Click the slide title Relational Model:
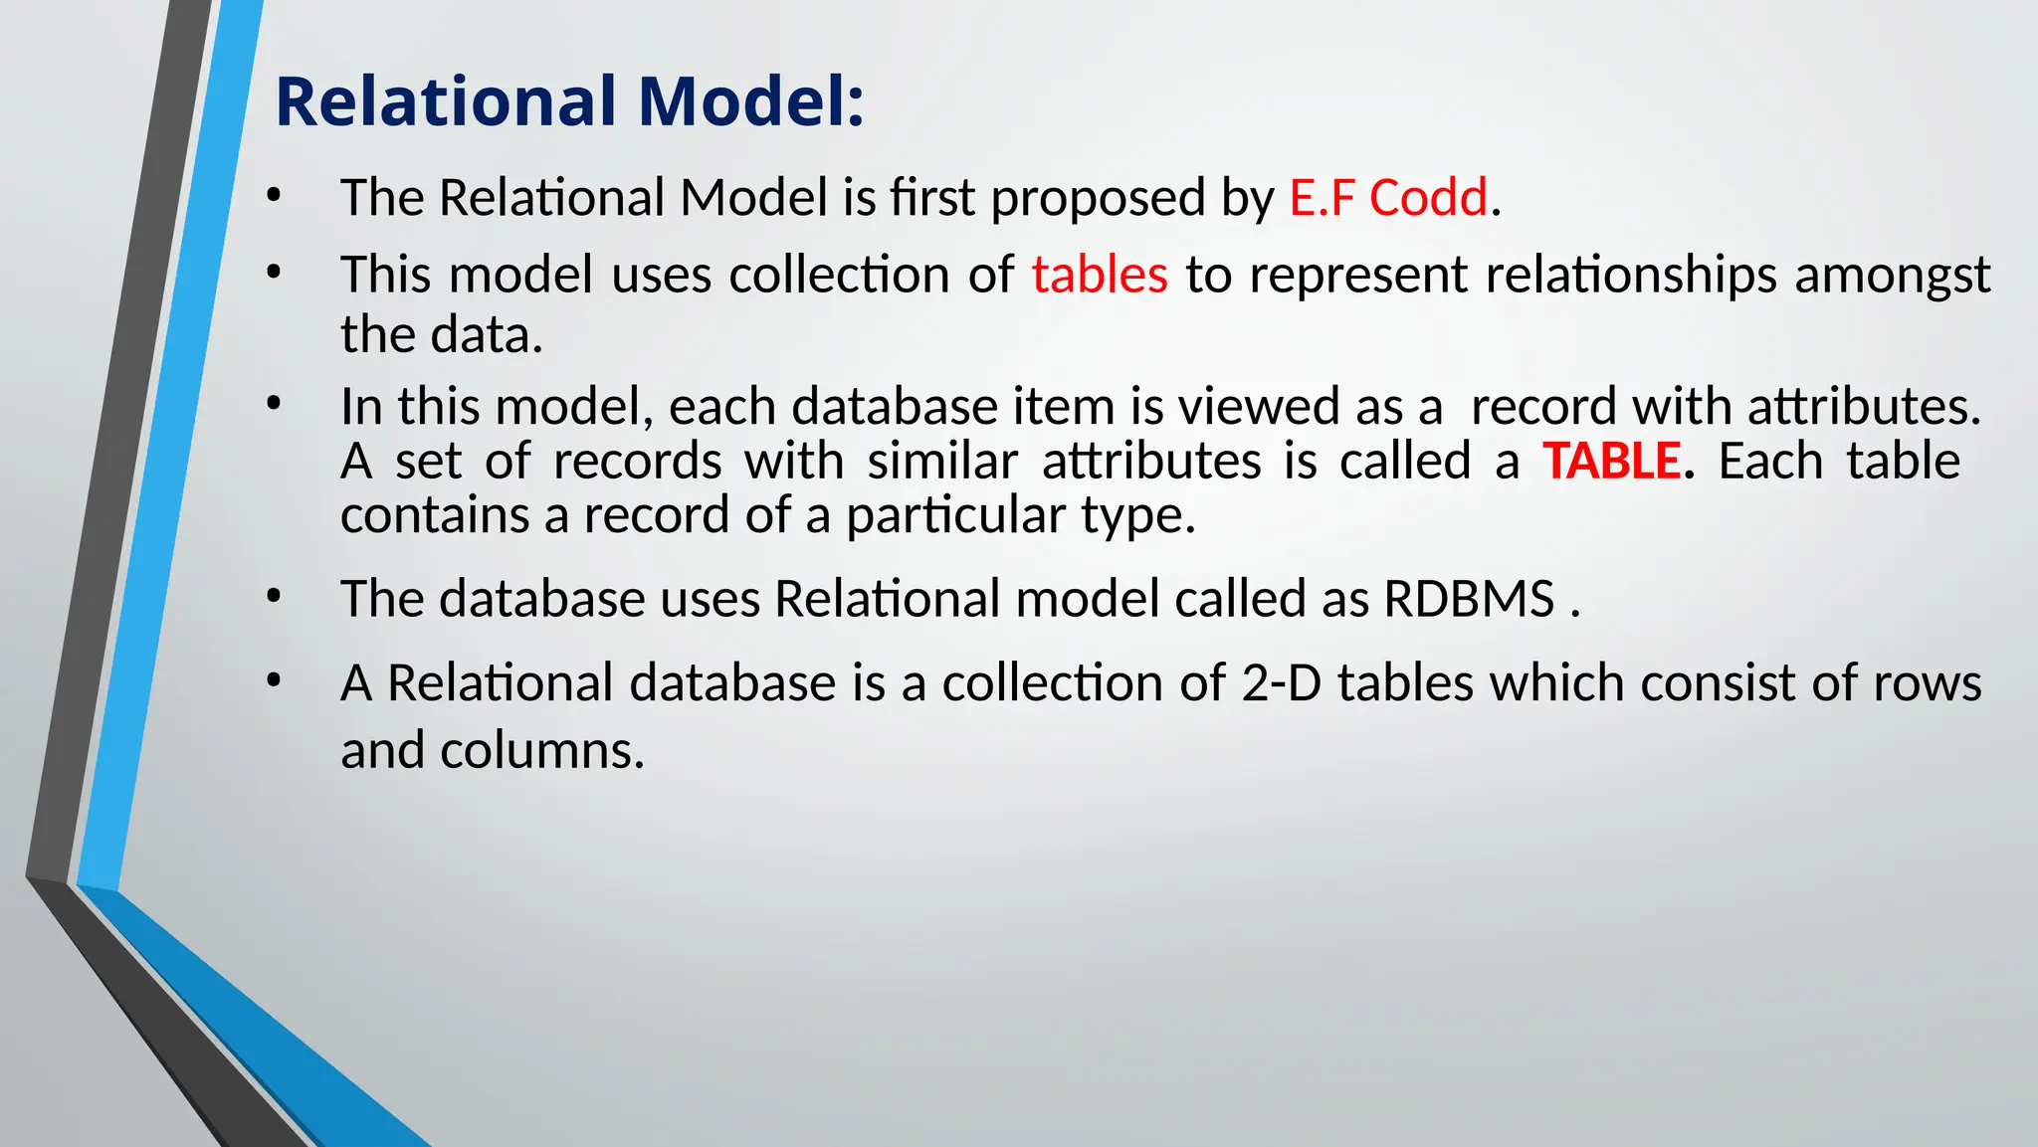point(569,102)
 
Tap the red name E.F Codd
point(1388,197)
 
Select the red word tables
point(1099,275)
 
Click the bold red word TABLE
point(1611,462)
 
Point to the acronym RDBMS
point(1469,599)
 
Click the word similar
point(942,462)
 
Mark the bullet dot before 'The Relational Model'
point(274,196)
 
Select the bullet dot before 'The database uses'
point(274,597)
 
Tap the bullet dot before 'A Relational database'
point(274,681)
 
